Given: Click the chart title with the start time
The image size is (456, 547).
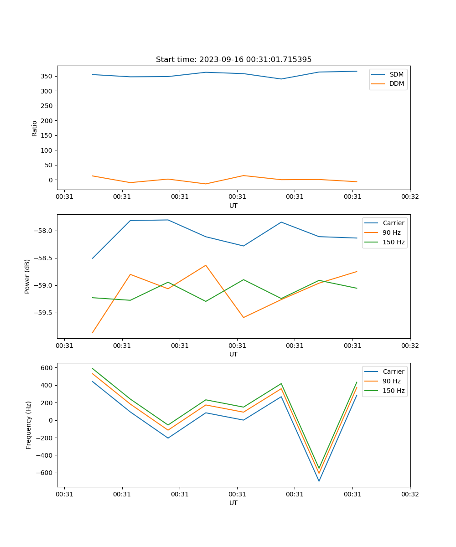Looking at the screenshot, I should pyautogui.click(x=233, y=60).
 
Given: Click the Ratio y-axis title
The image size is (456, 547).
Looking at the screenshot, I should pyautogui.click(x=35, y=129).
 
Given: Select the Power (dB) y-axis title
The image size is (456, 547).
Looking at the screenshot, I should pyautogui.click(x=27, y=276).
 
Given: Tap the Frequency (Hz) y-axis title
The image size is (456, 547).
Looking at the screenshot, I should pyautogui.click(x=28, y=425).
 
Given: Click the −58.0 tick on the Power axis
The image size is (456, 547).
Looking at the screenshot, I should pyautogui.click(x=43, y=231).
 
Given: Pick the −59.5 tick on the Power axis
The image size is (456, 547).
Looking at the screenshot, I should pyautogui.click(x=43, y=313).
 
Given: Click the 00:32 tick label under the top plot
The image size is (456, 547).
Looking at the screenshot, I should pyautogui.click(x=410, y=197).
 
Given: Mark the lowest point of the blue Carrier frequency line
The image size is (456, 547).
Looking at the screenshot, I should pyautogui.click(x=319, y=481).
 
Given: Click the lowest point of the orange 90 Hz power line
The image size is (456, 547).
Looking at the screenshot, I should pyautogui.click(x=93, y=333).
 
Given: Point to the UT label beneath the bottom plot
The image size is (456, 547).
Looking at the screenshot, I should pyautogui.click(x=233, y=503).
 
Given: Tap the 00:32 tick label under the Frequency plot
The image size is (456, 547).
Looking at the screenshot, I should pyautogui.click(x=410, y=494).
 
